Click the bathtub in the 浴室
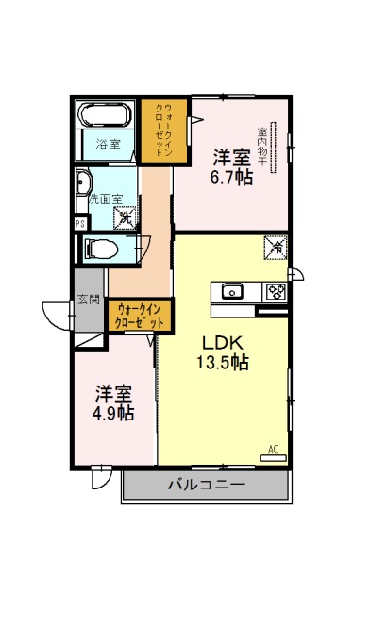(x=105, y=115)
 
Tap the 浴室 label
(x=108, y=145)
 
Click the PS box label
(x=80, y=224)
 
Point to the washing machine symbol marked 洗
(x=126, y=217)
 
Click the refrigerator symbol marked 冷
(x=277, y=248)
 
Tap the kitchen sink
(x=232, y=292)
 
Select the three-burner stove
(x=278, y=292)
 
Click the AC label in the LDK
(x=274, y=449)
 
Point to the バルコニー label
(x=206, y=484)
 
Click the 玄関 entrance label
(x=89, y=300)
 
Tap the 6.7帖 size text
(x=231, y=178)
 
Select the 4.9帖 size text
(x=113, y=413)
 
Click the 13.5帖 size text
(x=223, y=362)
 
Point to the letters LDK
(x=222, y=343)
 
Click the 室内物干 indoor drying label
(x=261, y=146)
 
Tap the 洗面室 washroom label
(x=106, y=199)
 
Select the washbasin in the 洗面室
(x=83, y=182)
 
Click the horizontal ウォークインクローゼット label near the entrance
(x=140, y=317)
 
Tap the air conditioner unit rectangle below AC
(x=273, y=458)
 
